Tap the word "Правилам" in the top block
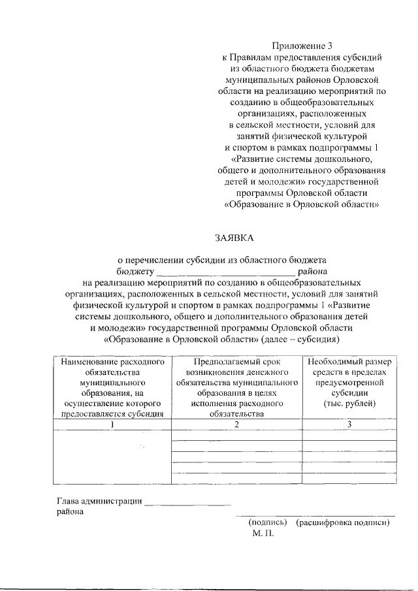pyautogui.click(x=258, y=57)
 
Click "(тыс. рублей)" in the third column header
pyautogui.click(x=349, y=404)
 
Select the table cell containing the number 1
pyautogui.click(x=111, y=424)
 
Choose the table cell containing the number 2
pyautogui.click(x=236, y=424)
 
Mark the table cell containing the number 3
pyautogui.click(x=349, y=424)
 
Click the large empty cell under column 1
pyautogui.click(x=111, y=457)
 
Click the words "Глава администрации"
pyautogui.click(x=99, y=502)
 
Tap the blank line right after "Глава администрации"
pyautogui.click(x=187, y=502)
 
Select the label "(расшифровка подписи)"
pyautogui.click(x=343, y=522)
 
